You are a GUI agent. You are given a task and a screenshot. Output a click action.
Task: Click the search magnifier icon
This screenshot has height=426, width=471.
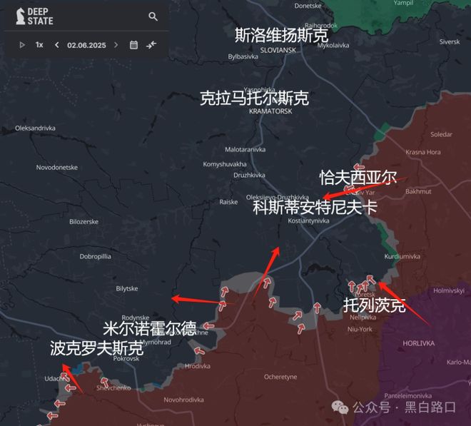[153, 16]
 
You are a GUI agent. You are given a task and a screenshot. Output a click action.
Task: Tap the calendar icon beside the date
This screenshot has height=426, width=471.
[133, 45]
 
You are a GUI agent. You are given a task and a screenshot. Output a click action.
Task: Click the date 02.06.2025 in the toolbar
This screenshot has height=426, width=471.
[86, 45]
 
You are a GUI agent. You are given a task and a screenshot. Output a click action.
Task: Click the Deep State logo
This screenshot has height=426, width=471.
[34, 16]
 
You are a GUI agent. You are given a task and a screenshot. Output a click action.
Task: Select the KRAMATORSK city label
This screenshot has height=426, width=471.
[272, 111]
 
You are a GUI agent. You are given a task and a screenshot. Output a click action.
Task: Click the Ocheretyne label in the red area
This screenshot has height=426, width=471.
[280, 377]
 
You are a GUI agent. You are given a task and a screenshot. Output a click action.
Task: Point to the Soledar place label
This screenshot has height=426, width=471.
[441, 134]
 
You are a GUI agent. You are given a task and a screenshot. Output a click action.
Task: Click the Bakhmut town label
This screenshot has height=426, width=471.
[418, 191]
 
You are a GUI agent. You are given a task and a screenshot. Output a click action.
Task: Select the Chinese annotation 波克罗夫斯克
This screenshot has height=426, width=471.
[97, 348]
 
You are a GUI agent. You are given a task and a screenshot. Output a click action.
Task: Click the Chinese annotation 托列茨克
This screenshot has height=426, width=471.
[374, 305]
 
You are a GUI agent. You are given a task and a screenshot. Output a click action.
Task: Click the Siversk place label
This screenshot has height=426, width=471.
[450, 42]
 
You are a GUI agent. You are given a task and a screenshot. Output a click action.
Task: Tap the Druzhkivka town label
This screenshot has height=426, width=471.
[250, 175]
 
